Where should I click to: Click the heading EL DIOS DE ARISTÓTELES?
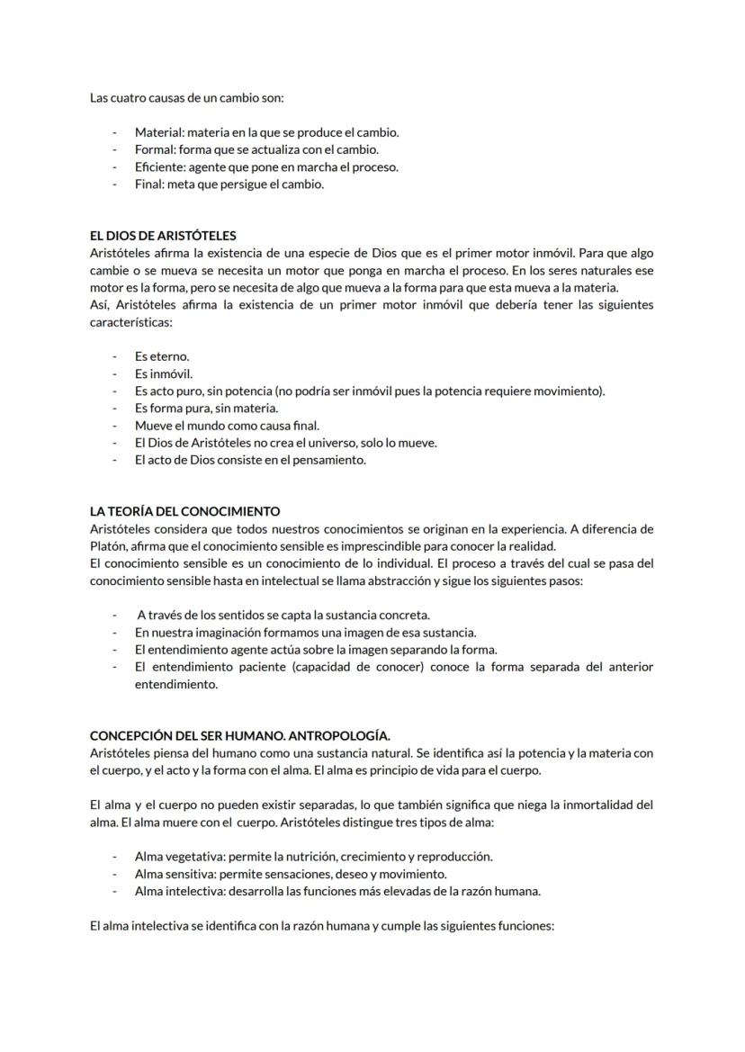pyautogui.click(x=163, y=236)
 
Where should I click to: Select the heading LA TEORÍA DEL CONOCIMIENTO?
pyautogui.click(x=184, y=511)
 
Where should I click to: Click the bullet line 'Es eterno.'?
pyautogui.click(x=162, y=356)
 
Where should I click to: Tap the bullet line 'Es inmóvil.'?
pyautogui.click(x=164, y=373)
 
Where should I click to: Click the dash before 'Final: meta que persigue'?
pyautogui.click(x=115, y=184)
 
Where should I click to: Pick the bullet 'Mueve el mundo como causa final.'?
pyautogui.click(x=227, y=425)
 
